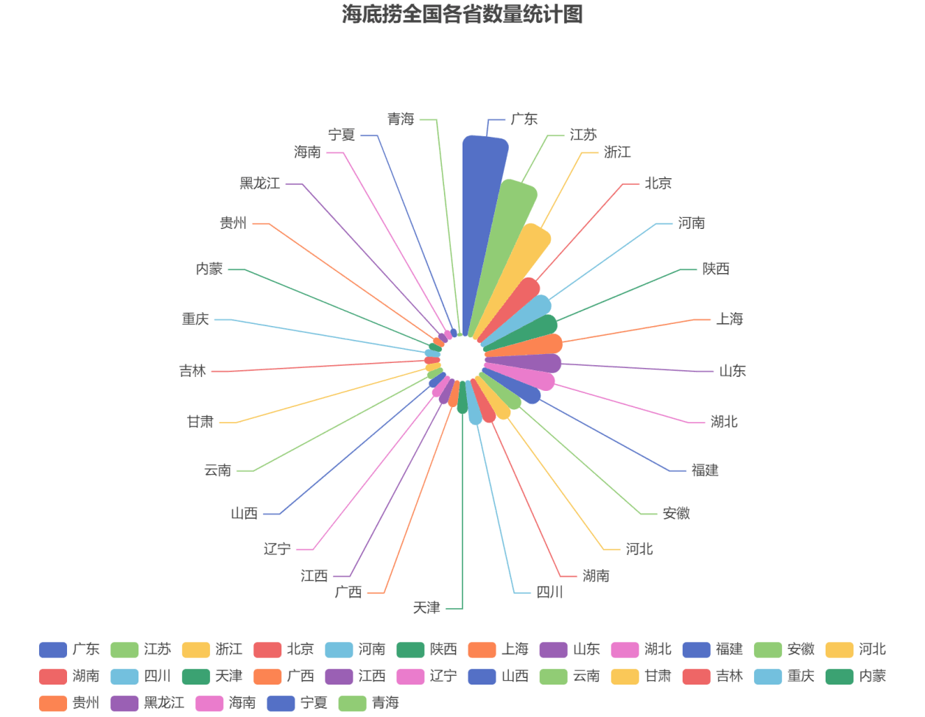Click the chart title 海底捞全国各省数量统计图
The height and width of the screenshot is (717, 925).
[x=462, y=14]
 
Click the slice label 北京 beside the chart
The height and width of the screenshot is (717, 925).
[x=658, y=183]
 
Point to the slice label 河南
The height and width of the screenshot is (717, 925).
[x=692, y=223]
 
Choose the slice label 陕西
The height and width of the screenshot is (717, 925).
[x=716, y=269]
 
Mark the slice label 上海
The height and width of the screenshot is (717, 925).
[x=730, y=319]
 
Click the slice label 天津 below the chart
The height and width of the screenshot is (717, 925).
[x=426, y=608]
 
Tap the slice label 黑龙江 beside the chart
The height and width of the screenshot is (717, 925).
[x=260, y=183]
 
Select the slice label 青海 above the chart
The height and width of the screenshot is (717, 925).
[x=401, y=119]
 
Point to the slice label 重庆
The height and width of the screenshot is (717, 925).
[x=195, y=319]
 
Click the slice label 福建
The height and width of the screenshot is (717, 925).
[x=705, y=470]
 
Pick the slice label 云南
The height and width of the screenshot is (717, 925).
[x=217, y=470]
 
